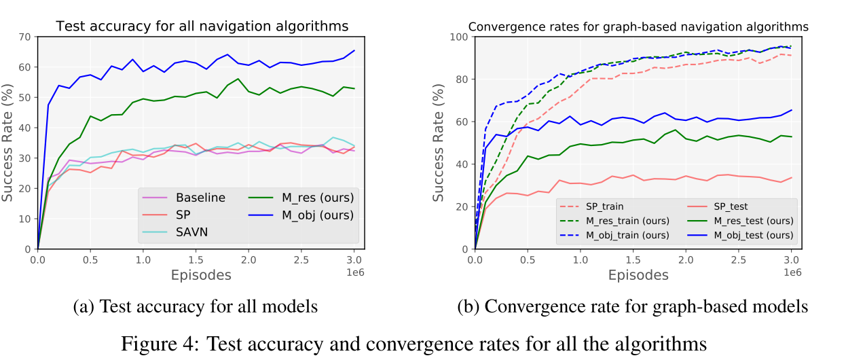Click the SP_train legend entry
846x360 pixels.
(600, 206)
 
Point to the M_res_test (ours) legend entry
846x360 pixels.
(750, 221)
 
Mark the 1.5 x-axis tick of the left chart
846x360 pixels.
(196, 259)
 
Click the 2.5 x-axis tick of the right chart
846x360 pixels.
(739, 259)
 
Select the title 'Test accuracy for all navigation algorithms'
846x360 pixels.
(202, 26)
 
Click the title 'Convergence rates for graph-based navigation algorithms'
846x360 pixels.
(638, 27)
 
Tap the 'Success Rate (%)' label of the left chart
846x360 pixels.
(8, 143)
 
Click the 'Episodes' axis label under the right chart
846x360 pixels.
(638, 275)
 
